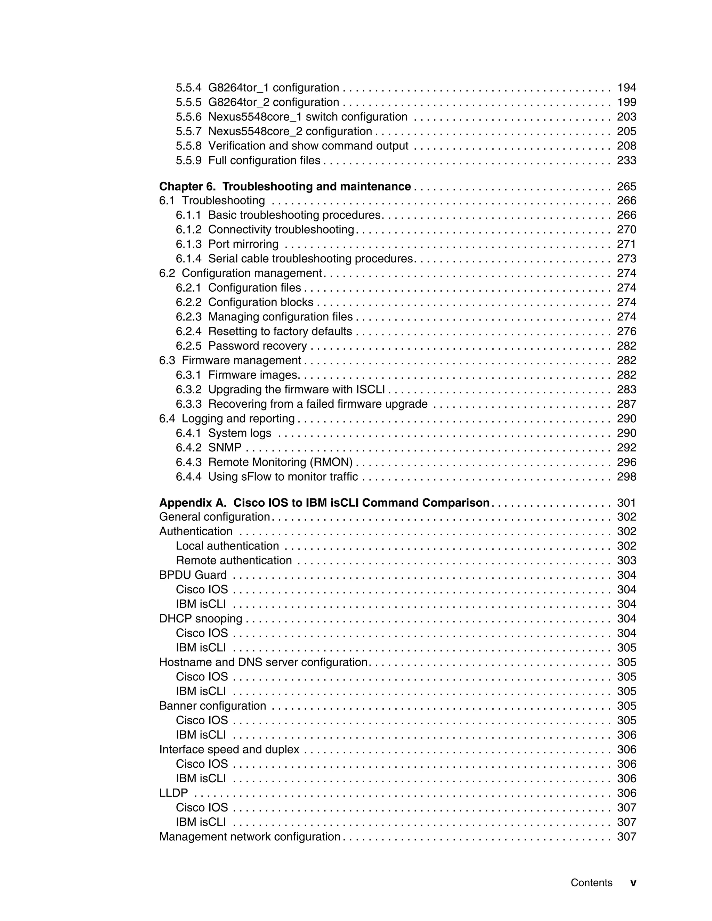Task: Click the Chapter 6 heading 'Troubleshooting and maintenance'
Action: pos(316,186)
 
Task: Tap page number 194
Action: pos(626,88)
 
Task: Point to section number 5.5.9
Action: pos(188,160)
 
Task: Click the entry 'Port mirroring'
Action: pos(243,244)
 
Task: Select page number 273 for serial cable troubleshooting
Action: pos(626,259)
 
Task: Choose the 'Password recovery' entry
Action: pos(257,346)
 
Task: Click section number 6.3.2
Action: pos(188,389)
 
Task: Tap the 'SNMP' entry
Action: pos(225,447)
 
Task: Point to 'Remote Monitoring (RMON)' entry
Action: pos(280,462)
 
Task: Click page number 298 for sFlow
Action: pos(626,476)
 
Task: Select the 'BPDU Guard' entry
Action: pos(193,575)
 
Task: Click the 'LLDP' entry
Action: pos(173,793)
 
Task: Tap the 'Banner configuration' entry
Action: pos(212,706)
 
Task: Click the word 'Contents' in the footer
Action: pos(591,883)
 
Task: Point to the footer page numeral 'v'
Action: pos(633,883)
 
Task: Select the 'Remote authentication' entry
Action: pos(234,561)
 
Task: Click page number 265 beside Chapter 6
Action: pos(626,186)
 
